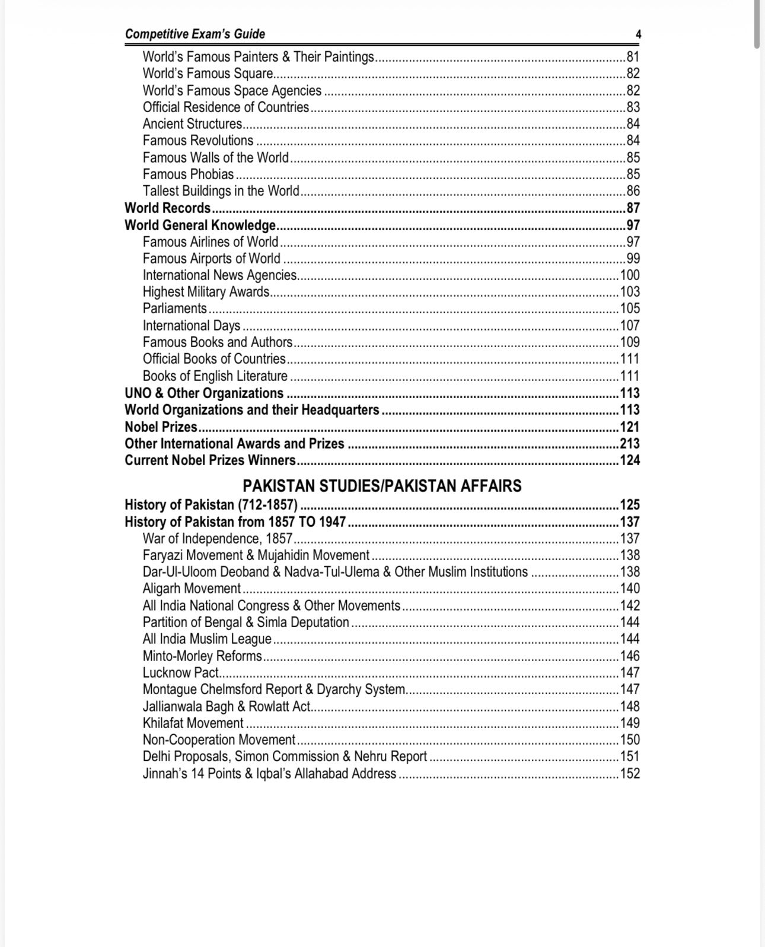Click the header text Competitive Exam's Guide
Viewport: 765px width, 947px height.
(x=195, y=34)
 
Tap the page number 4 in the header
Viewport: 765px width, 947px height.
(x=638, y=34)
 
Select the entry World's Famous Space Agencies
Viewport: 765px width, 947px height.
(x=232, y=90)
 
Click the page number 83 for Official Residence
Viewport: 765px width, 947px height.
(x=633, y=107)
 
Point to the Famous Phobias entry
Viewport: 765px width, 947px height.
(x=188, y=174)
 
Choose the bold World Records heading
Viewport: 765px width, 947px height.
(x=167, y=208)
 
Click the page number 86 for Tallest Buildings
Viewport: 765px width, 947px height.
(x=633, y=190)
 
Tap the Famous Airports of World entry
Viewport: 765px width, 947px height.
(x=211, y=258)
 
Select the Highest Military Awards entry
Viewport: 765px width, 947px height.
(x=206, y=291)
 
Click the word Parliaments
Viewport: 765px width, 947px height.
(x=174, y=308)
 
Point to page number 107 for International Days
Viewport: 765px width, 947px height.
(x=630, y=325)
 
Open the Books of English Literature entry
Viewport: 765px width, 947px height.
(x=215, y=376)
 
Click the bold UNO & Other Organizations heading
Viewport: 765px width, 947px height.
(x=204, y=393)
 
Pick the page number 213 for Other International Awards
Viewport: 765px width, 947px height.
(x=630, y=443)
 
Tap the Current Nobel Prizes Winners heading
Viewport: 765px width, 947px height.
(x=210, y=460)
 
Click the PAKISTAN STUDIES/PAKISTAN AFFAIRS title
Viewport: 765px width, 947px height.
(x=382, y=485)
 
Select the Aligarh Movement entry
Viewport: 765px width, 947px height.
(x=192, y=588)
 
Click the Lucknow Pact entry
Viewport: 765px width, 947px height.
(x=180, y=672)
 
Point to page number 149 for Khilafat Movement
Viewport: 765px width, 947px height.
(x=630, y=723)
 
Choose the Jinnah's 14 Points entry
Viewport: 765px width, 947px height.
(x=269, y=773)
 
